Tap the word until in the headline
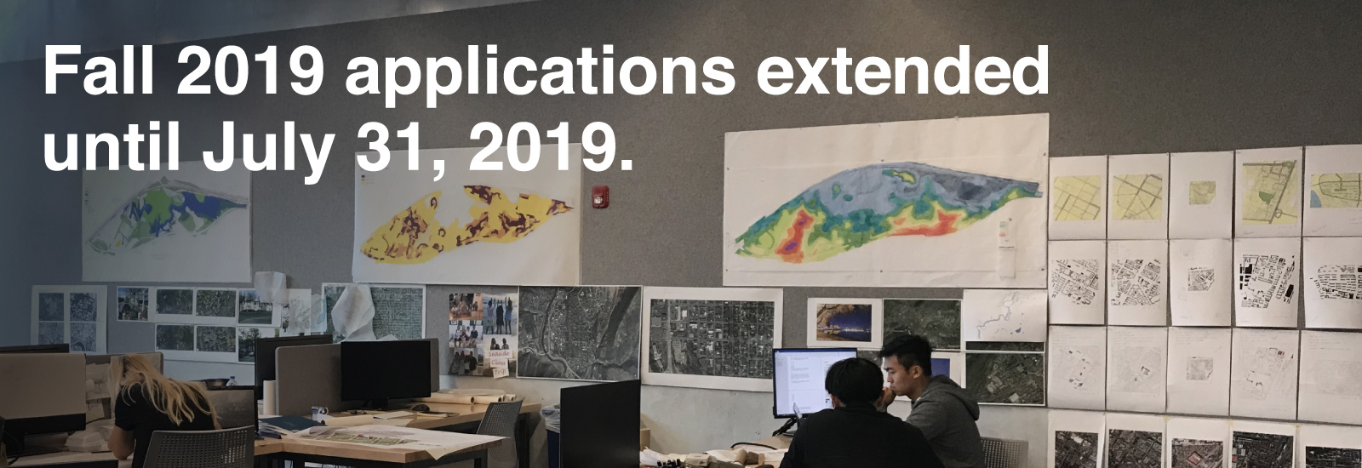click(x=112, y=148)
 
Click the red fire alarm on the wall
click(x=600, y=197)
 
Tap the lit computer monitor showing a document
click(x=814, y=382)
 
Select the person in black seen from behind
click(x=857, y=419)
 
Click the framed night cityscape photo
click(x=844, y=322)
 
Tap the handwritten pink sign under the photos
click(x=500, y=362)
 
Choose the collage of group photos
click(x=484, y=333)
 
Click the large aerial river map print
click(x=579, y=333)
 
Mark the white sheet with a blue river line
click(x=1004, y=316)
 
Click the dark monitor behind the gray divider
click(x=386, y=371)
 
